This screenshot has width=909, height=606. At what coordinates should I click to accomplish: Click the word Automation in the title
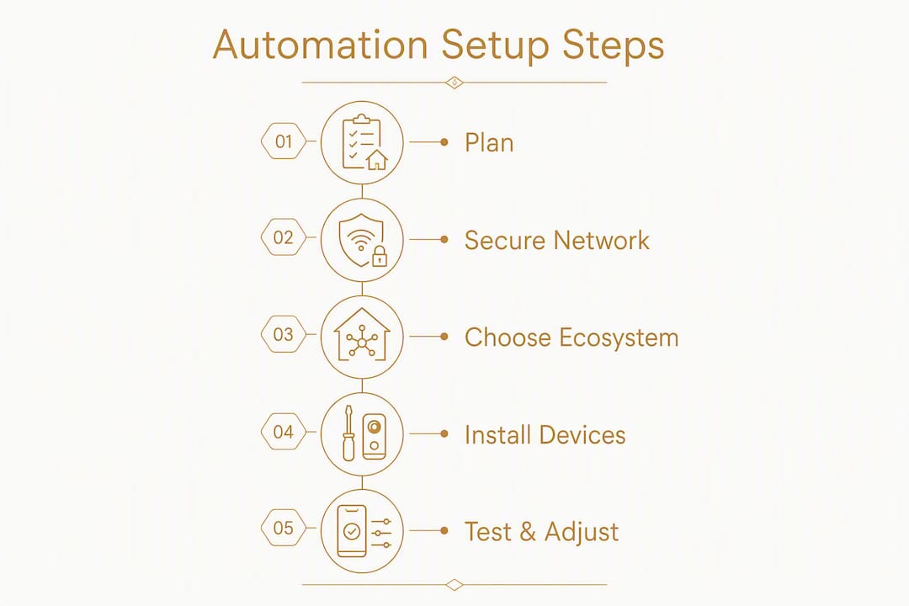point(321,45)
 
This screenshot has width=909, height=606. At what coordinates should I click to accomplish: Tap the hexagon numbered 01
point(284,141)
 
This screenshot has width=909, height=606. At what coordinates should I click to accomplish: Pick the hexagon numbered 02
point(284,237)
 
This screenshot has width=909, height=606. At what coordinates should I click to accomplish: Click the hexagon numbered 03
point(284,334)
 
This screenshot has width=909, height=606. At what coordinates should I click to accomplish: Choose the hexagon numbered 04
point(284,432)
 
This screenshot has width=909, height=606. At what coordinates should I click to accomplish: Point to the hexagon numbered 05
point(284,528)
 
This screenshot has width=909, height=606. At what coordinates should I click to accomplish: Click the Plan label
point(489,142)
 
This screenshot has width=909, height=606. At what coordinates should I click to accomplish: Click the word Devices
point(586,435)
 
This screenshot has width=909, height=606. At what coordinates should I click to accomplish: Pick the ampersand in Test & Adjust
point(528,532)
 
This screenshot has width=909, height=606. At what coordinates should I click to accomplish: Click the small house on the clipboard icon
point(377,159)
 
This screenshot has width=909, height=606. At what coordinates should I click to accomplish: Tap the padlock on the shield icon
point(379,257)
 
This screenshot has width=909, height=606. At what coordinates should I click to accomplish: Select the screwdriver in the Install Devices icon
point(348,433)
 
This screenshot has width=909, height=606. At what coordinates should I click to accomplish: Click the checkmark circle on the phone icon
point(351,531)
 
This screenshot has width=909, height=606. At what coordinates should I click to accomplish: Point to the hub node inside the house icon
point(362,343)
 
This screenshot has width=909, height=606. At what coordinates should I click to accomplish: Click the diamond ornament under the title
point(454,82)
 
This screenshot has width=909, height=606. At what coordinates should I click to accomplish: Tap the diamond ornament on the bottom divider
point(454,585)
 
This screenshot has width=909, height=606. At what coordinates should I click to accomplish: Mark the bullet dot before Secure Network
point(444,239)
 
